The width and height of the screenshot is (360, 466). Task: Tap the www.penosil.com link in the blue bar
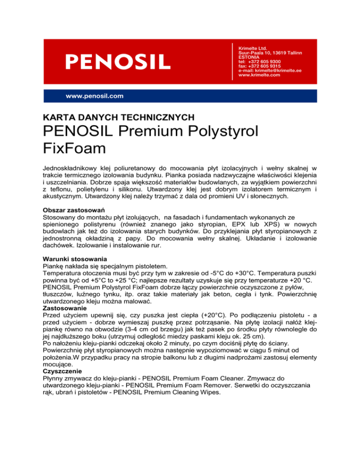coord(95,96)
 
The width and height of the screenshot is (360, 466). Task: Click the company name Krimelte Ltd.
coord(253,48)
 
